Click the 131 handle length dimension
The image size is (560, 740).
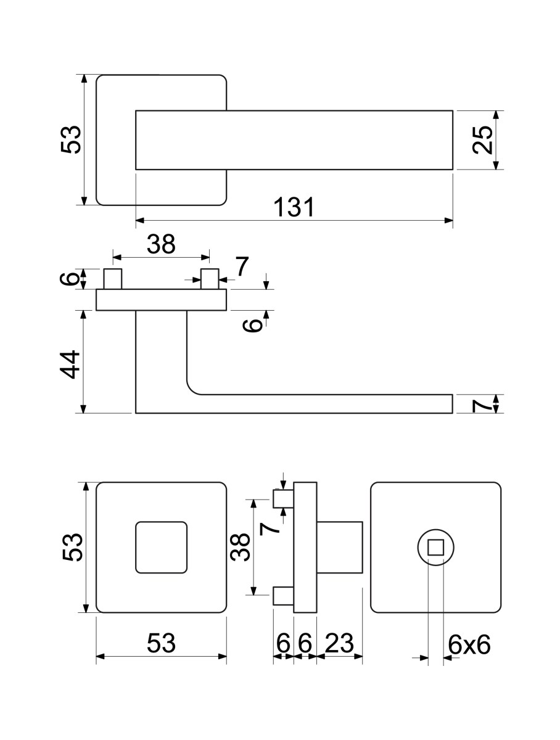[x=294, y=207]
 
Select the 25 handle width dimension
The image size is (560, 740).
[x=482, y=139]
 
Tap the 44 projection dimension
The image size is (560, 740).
[x=70, y=364]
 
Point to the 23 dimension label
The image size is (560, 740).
[x=339, y=643]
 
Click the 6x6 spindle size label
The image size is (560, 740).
[x=469, y=644]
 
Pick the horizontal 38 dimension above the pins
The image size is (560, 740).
[x=161, y=244]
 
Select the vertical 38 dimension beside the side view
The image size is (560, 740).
[x=240, y=547]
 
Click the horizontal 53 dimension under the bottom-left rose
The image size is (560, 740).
[x=161, y=643]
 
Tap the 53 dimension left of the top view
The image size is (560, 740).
[x=71, y=139]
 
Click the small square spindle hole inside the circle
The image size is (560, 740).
[x=435, y=547]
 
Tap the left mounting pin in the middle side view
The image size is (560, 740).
[x=113, y=279]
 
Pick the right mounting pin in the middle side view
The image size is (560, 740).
[x=210, y=279]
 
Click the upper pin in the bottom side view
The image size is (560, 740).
[x=283, y=499]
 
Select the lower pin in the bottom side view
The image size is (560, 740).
[x=283, y=596]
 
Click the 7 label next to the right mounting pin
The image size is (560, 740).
[x=242, y=266]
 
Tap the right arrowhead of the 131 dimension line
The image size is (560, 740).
[x=448, y=221]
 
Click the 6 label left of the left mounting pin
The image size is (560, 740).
[x=70, y=279]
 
